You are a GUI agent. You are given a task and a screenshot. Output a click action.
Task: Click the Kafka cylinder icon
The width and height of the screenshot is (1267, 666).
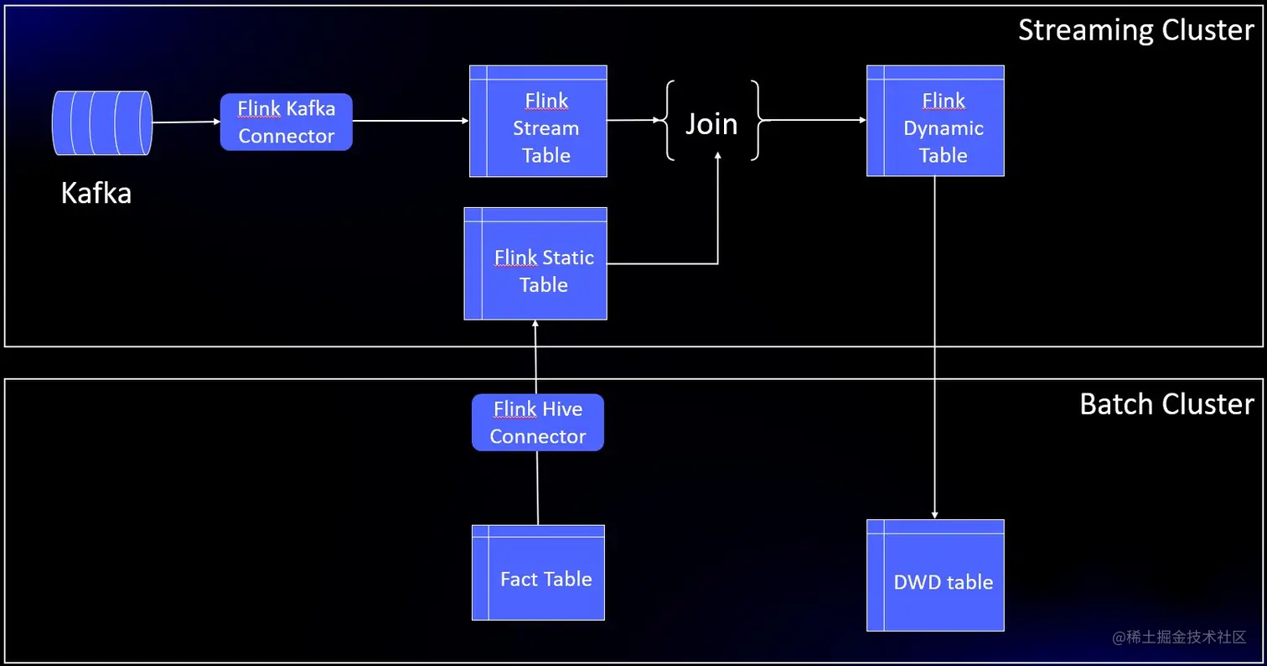tap(102, 123)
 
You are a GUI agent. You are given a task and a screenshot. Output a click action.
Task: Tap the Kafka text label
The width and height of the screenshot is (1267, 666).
tap(96, 194)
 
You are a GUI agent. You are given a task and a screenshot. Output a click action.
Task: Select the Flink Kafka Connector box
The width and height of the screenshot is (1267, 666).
tap(286, 122)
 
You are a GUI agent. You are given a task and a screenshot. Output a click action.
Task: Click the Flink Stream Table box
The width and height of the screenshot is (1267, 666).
tap(538, 122)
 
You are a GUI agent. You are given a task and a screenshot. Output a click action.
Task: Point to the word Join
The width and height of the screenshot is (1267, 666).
tap(711, 123)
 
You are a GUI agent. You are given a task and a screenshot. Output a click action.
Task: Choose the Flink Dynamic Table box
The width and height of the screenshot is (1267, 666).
tap(935, 122)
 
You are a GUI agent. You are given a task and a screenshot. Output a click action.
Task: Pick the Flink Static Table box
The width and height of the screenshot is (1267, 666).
tap(535, 263)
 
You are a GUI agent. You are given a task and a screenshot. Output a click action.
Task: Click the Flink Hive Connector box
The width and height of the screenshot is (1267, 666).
tap(537, 423)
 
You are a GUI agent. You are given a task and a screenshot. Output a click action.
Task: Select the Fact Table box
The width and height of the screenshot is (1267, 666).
tap(538, 573)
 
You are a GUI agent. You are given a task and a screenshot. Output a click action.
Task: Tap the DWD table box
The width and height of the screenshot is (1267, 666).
tap(935, 575)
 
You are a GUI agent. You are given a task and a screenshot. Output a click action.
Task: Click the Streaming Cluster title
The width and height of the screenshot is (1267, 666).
tap(1135, 30)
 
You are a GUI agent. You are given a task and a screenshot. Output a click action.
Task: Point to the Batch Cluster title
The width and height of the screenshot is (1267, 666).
tap(1166, 404)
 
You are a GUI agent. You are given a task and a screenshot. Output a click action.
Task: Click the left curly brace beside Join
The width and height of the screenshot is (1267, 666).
tap(670, 121)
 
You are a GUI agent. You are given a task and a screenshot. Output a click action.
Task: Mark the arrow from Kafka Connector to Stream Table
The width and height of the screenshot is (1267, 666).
tap(410, 121)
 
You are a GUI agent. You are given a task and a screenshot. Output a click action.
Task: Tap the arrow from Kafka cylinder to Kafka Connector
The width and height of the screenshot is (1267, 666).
tap(186, 122)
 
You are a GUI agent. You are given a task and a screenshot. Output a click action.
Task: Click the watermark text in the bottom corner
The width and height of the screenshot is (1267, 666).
tap(1180, 637)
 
